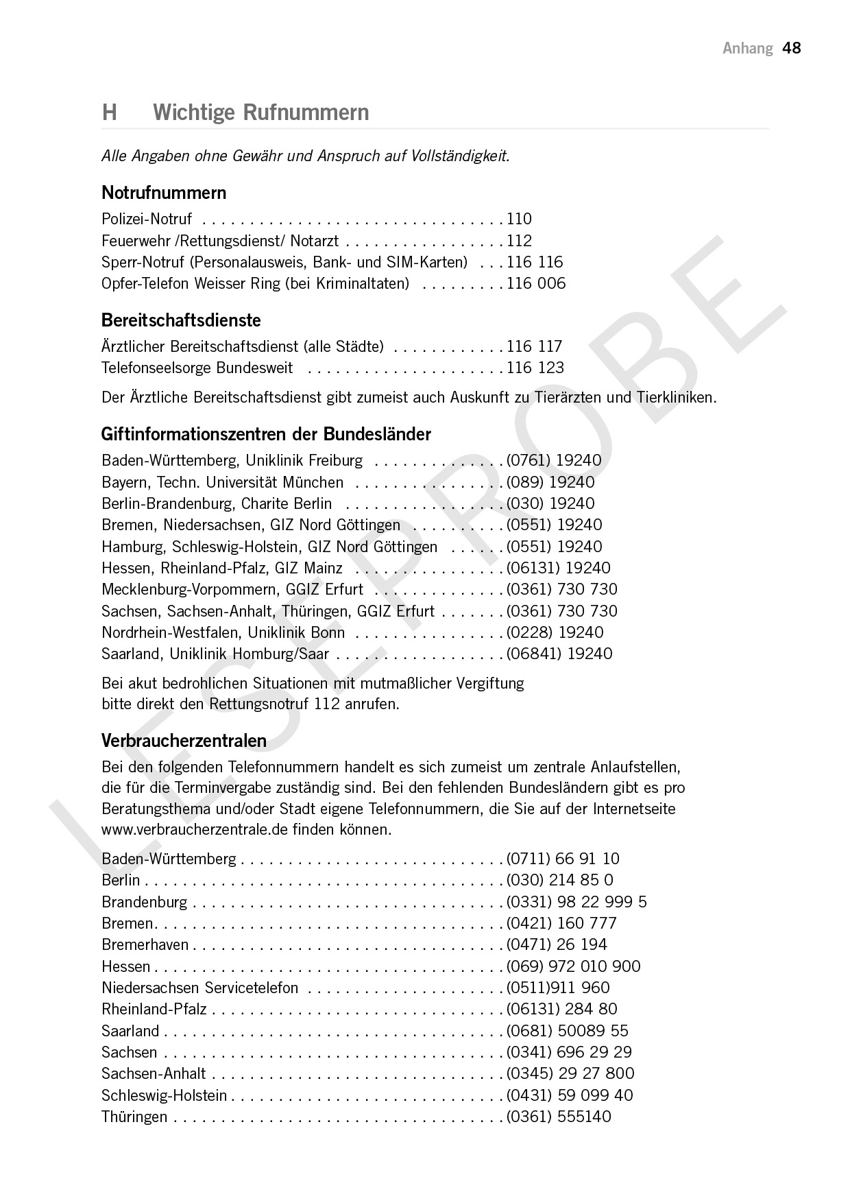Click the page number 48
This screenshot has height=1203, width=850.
click(x=792, y=48)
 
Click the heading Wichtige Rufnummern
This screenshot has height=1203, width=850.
click(x=260, y=112)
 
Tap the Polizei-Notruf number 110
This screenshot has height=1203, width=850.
click(x=519, y=219)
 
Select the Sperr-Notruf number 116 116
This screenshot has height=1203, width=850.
click(x=535, y=262)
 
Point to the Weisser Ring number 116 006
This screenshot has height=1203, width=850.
click(x=536, y=283)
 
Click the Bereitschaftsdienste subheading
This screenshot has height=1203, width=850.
click(x=181, y=320)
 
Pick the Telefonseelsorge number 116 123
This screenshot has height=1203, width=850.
click(x=535, y=368)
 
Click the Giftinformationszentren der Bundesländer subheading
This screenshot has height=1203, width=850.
click(x=266, y=434)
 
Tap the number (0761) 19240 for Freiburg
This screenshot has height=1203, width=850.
click(x=554, y=460)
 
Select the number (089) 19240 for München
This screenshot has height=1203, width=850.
click(x=550, y=482)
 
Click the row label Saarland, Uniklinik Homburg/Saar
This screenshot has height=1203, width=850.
click(x=215, y=654)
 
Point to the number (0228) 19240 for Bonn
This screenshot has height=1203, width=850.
click(x=555, y=632)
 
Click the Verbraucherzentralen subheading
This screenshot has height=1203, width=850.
click(x=184, y=741)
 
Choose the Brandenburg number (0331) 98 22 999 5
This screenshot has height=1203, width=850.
click(x=576, y=901)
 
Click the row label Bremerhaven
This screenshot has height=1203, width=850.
click(x=145, y=944)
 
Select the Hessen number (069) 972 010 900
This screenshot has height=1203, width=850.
click(x=573, y=966)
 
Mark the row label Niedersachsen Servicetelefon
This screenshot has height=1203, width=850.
click(x=199, y=988)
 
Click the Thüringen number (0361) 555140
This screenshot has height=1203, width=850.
click(x=559, y=1117)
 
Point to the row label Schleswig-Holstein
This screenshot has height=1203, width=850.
click(x=164, y=1095)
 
